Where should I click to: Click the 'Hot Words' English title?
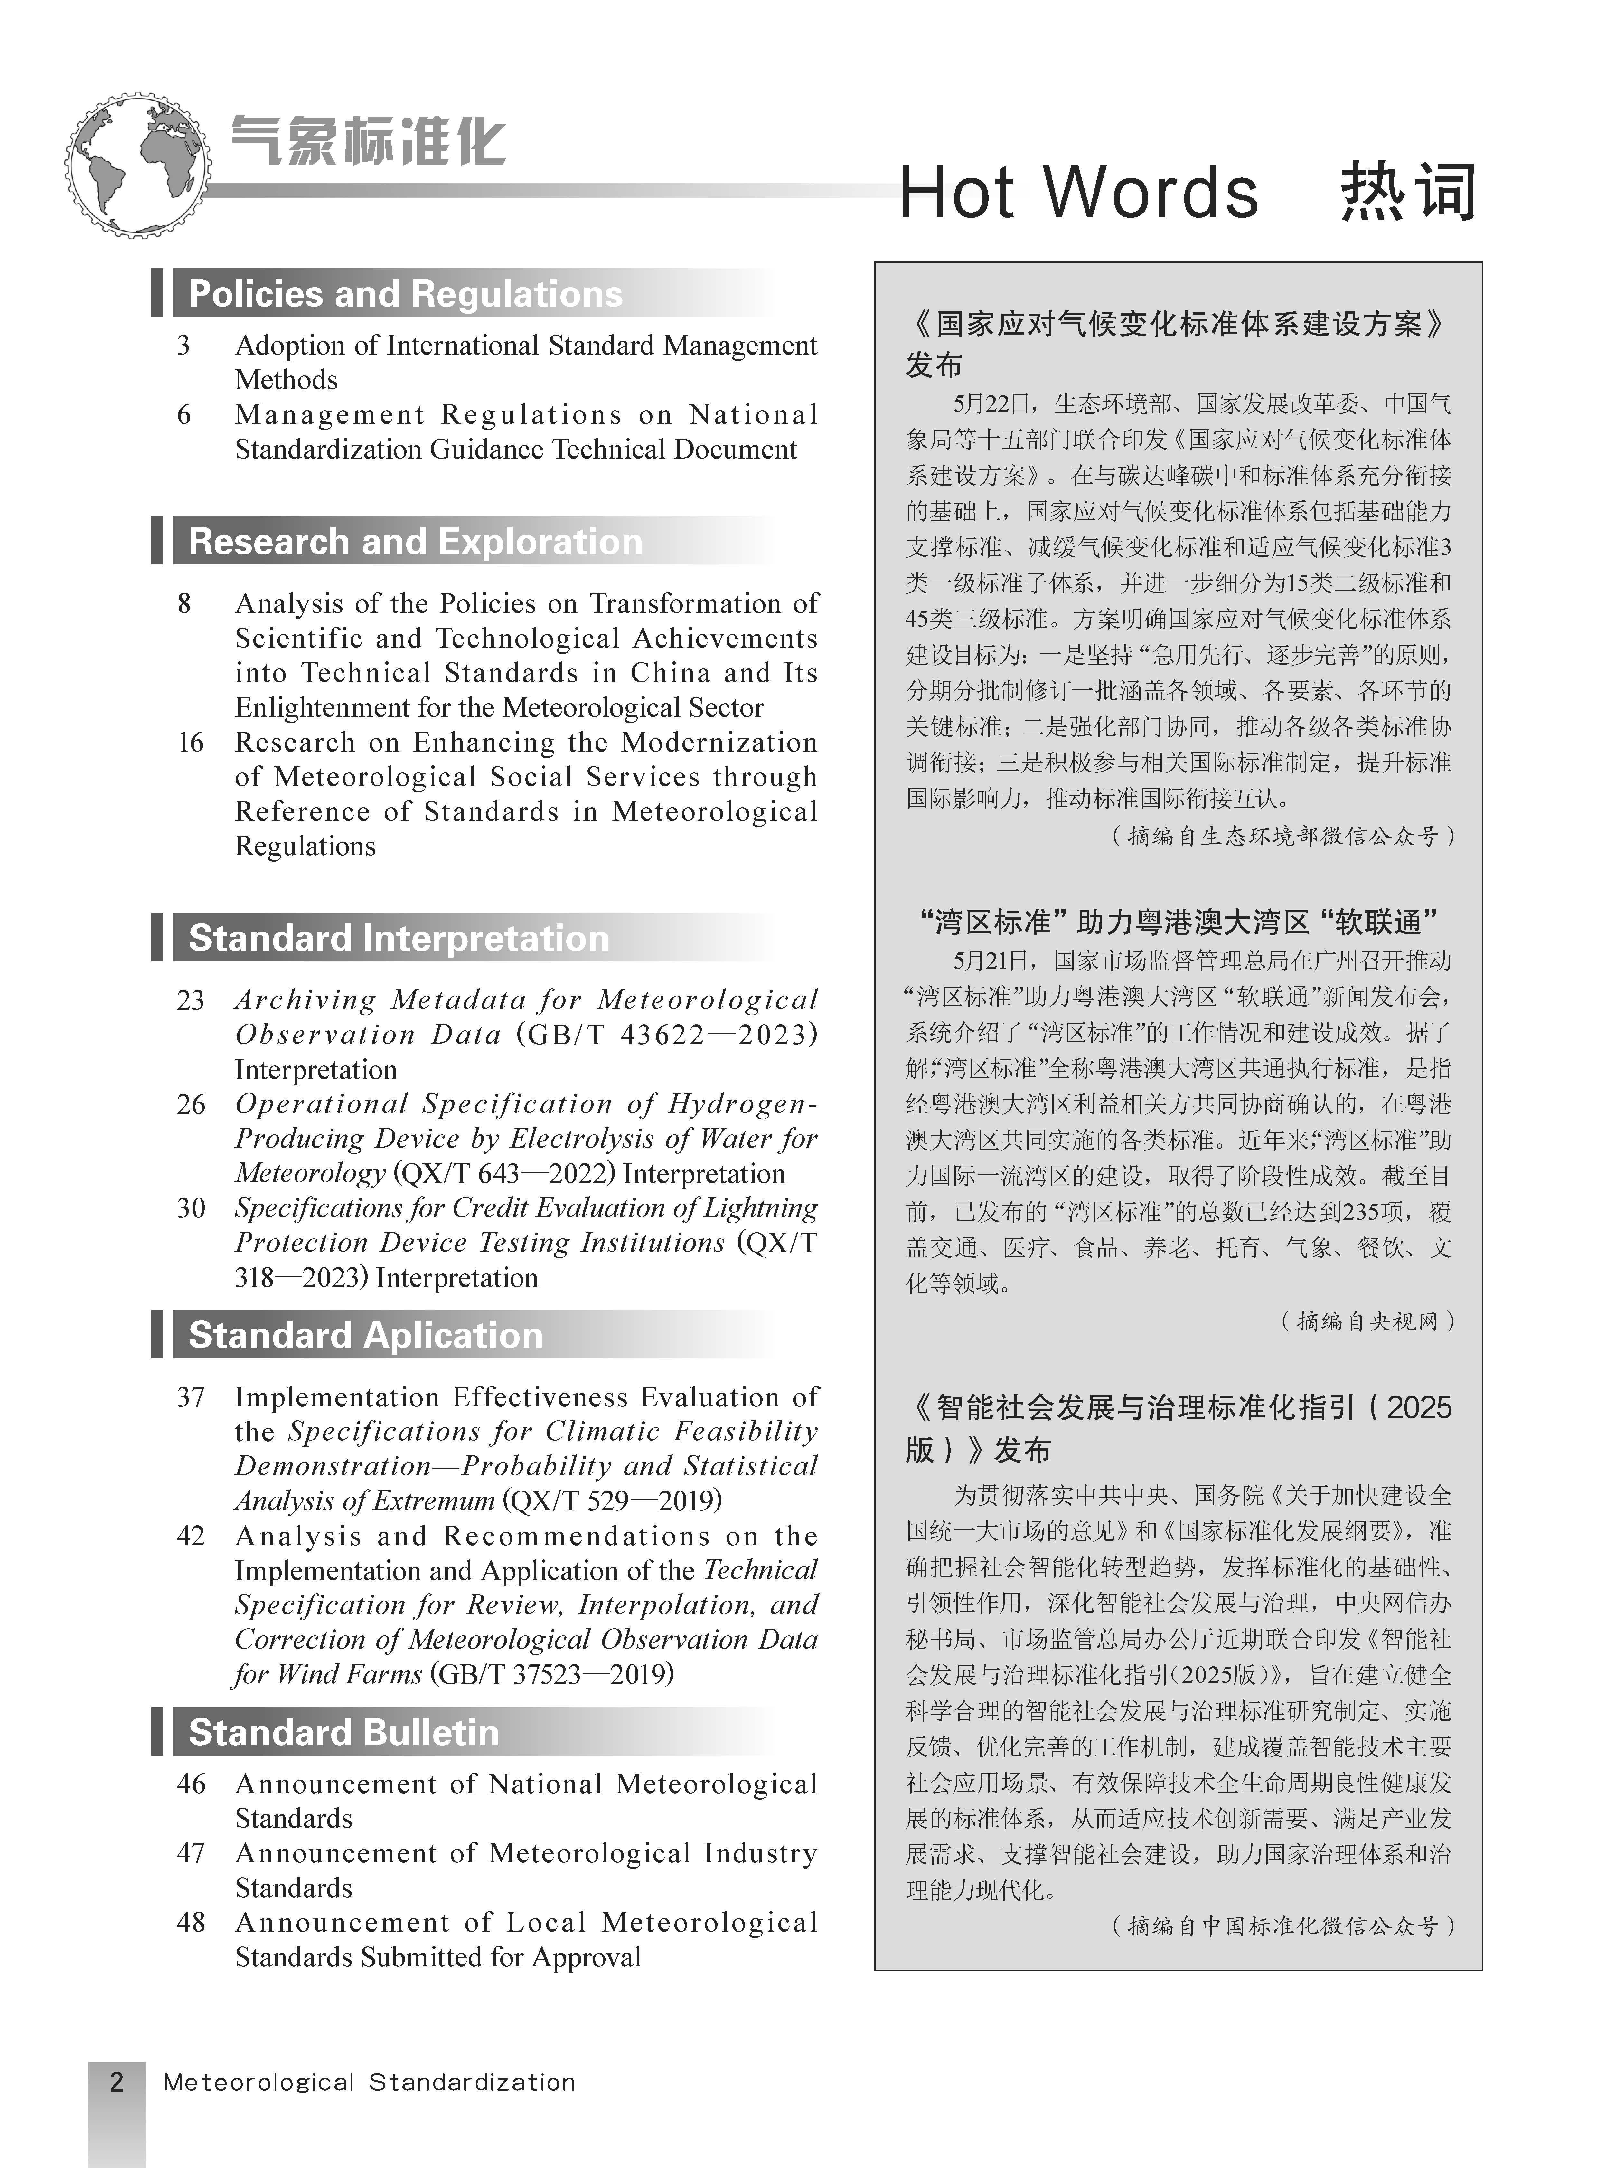1078,194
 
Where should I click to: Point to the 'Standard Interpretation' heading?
398,938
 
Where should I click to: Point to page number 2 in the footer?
117,2081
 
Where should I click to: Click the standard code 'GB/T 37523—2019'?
555,1674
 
